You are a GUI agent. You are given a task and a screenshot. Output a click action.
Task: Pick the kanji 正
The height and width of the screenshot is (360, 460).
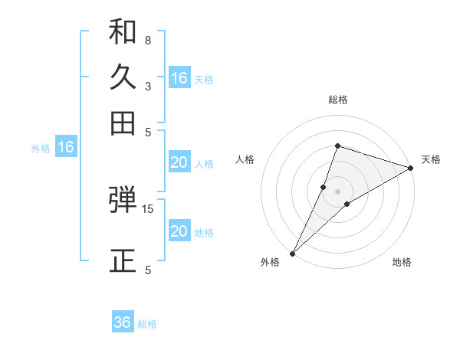123,260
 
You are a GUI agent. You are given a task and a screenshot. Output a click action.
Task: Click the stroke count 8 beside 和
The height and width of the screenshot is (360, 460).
147,40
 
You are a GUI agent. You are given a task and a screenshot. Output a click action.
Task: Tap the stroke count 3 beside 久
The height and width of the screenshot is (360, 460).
147,86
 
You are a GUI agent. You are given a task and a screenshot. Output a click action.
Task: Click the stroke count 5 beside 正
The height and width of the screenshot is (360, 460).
147,270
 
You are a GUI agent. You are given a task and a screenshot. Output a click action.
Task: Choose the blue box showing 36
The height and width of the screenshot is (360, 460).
123,322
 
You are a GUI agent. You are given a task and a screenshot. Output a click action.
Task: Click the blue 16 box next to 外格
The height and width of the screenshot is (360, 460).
66,148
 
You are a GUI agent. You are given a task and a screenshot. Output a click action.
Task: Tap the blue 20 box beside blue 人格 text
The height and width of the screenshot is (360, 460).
179,162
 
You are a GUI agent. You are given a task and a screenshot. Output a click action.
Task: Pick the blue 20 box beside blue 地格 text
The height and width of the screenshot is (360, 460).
179,231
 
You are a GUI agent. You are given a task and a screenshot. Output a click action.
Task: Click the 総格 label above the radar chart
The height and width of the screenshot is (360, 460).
337,100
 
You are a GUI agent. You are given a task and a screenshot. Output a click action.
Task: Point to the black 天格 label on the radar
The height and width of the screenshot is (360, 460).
431,159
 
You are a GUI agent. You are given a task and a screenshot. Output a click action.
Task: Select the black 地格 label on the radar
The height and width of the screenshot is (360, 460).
402,262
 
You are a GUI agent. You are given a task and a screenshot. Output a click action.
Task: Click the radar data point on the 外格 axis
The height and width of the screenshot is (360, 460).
293,253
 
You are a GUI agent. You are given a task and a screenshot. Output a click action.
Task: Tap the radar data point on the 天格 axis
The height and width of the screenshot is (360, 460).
410,168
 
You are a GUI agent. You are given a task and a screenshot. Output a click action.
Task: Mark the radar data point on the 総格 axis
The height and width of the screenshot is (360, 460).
337,146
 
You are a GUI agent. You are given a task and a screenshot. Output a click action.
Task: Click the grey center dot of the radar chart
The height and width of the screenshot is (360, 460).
337,191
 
